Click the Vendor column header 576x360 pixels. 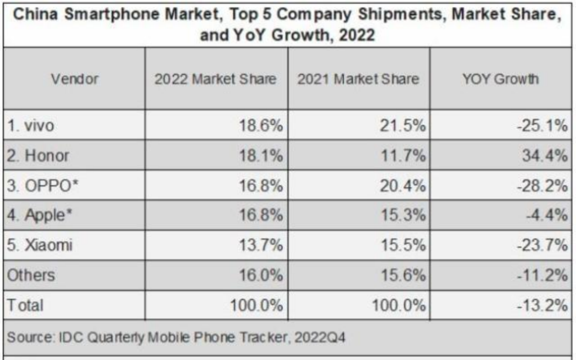point(75,79)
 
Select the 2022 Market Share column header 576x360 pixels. point(215,79)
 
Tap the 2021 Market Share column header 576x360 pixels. point(358,79)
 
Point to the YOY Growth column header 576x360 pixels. point(500,79)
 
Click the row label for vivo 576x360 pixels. point(33,126)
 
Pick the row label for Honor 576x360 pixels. point(40,156)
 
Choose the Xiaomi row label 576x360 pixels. point(41,246)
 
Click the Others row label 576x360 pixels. point(30,275)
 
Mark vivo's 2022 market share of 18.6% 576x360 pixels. point(261,126)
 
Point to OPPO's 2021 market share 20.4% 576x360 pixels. point(404,186)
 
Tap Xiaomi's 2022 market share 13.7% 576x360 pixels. point(261,246)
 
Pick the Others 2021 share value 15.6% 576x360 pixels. point(404,275)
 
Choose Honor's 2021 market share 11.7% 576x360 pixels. point(405,156)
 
